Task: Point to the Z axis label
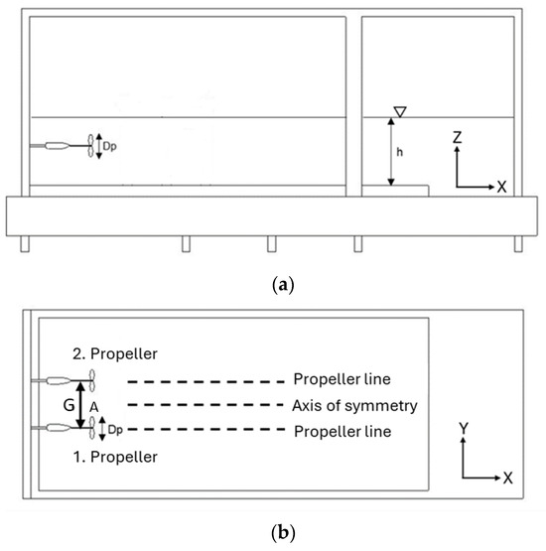pos(458,141)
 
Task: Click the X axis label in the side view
pos(511,187)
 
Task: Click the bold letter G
pos(67,405)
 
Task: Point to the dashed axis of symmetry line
pos(199,405)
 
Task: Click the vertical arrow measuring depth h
pos(392,152)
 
